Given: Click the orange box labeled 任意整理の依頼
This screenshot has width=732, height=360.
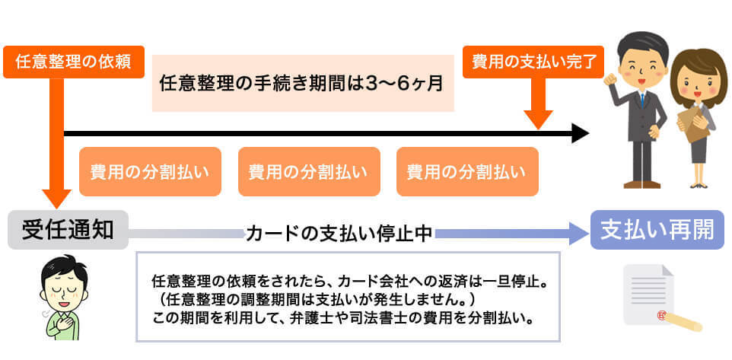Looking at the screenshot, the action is pos(74,62).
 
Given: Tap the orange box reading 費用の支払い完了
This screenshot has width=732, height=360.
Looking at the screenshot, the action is pos(533,62).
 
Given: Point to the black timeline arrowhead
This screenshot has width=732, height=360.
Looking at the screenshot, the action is pos(581,134).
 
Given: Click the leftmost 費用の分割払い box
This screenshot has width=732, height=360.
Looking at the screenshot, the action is pos(150,172).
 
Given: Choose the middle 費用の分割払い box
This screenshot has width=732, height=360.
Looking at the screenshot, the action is pos(309,172).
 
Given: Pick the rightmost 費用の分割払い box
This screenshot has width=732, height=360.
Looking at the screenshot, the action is pos(467,172).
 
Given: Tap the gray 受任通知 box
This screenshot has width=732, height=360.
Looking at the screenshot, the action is pos(68,230).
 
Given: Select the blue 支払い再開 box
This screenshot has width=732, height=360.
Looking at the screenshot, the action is pos(657,230).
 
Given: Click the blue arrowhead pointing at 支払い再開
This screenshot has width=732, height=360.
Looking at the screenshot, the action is pos(579,234).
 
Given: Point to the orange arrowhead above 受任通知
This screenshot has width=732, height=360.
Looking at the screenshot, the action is pos(56,199).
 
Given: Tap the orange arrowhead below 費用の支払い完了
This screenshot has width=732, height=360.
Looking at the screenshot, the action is pos(538,119).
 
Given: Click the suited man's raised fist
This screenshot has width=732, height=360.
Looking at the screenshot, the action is pos(610,79).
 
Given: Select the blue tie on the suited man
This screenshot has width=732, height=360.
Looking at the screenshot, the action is pos(643,100).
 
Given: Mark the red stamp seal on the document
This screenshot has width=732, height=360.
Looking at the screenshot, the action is pos(660,316).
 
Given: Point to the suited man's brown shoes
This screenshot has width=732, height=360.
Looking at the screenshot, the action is pos(641,184).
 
